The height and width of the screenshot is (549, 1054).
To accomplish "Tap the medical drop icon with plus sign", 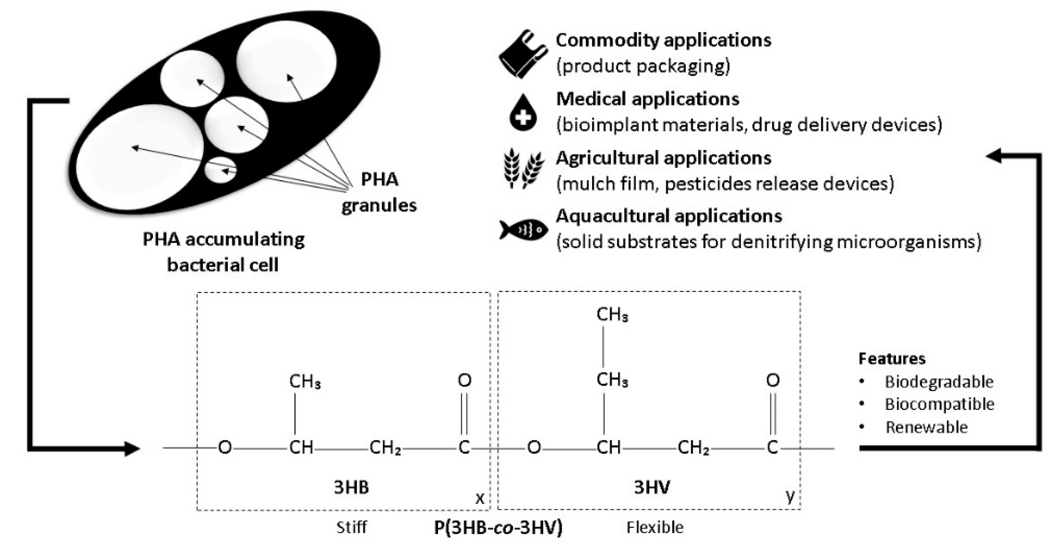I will (523, 113).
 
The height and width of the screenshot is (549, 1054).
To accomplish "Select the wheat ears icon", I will (523, 169).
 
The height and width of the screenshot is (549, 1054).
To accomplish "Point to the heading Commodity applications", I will (663, 40).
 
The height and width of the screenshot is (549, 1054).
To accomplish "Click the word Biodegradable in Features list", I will (939, 382).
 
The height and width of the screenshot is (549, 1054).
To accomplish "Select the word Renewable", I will (927, 427).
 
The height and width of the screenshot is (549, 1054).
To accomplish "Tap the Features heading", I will (892, 359).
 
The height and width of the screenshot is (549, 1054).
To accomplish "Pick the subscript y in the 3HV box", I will (790, 496).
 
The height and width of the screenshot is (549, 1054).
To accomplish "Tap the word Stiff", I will (351, 527).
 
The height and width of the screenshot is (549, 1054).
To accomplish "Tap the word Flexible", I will (655, 527).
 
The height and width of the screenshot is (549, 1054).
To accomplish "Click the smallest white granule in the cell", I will (221, 169).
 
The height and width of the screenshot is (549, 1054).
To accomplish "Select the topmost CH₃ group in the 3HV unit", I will (612, 315).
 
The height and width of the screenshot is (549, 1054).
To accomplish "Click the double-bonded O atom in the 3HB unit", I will (464, 381).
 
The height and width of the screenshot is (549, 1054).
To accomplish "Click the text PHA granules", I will (379, 192).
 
